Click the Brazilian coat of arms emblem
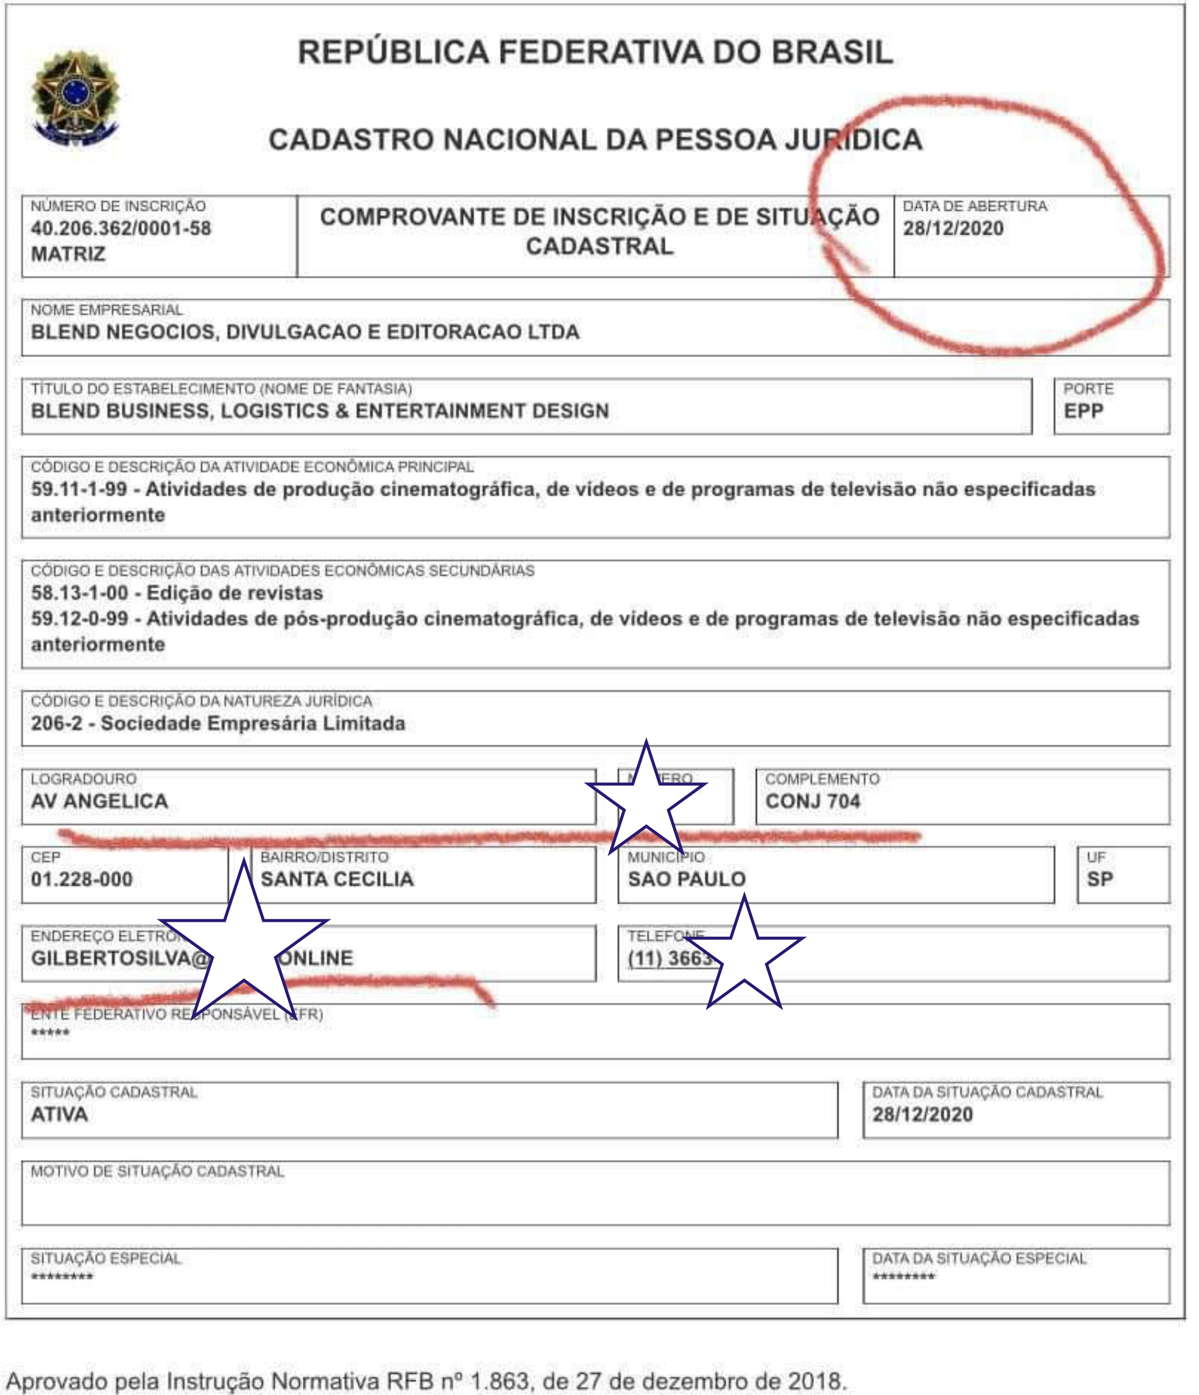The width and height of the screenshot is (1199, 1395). pos(75,98)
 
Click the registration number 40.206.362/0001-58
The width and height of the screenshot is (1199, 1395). pos(121,229)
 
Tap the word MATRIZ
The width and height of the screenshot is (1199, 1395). pos(68,255)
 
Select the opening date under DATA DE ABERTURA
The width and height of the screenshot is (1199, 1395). pos(953,229)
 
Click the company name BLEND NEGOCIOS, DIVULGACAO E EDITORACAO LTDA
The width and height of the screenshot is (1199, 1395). pos(305,333)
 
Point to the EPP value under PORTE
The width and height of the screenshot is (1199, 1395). pos(1083,411)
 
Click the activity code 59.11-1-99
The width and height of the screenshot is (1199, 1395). pos(79,489)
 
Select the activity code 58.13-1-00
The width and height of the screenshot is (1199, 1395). pos(79,593)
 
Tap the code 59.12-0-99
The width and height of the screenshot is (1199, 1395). pos(79,619)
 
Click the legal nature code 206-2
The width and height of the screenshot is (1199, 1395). pos(57,724)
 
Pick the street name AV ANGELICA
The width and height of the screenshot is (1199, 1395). pos(100,802)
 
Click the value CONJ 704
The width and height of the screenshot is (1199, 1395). pos(813,802)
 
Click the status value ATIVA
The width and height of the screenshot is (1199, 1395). pos(59,1115)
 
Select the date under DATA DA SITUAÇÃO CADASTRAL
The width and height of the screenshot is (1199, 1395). pos(922,1115)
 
